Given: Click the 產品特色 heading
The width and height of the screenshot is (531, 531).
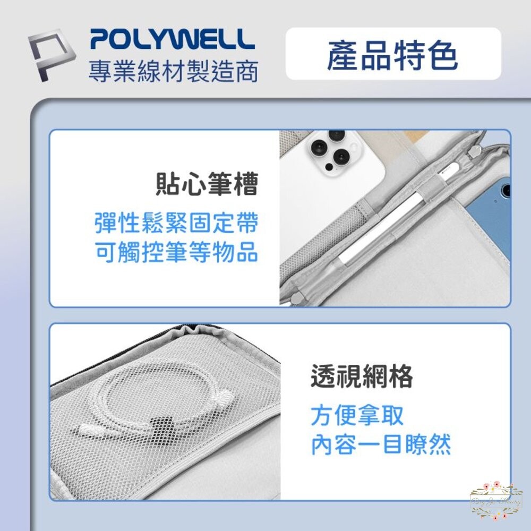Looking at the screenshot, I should [x=392, y=56].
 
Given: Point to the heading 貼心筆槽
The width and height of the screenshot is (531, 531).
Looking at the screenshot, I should [x=207, y=185].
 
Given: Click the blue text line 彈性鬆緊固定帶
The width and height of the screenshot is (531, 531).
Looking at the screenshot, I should [x=176, y=222].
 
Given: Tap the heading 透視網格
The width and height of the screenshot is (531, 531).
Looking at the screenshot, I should [x=362, y=377].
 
